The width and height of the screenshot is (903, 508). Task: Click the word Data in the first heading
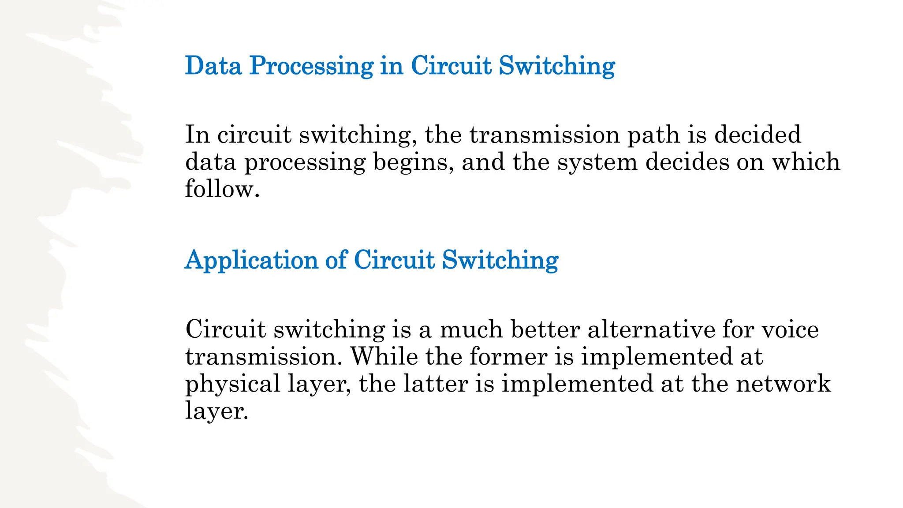[213, 66]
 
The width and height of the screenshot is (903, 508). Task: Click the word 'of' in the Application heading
[336, 260]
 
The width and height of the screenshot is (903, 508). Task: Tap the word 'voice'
[790, 330]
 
